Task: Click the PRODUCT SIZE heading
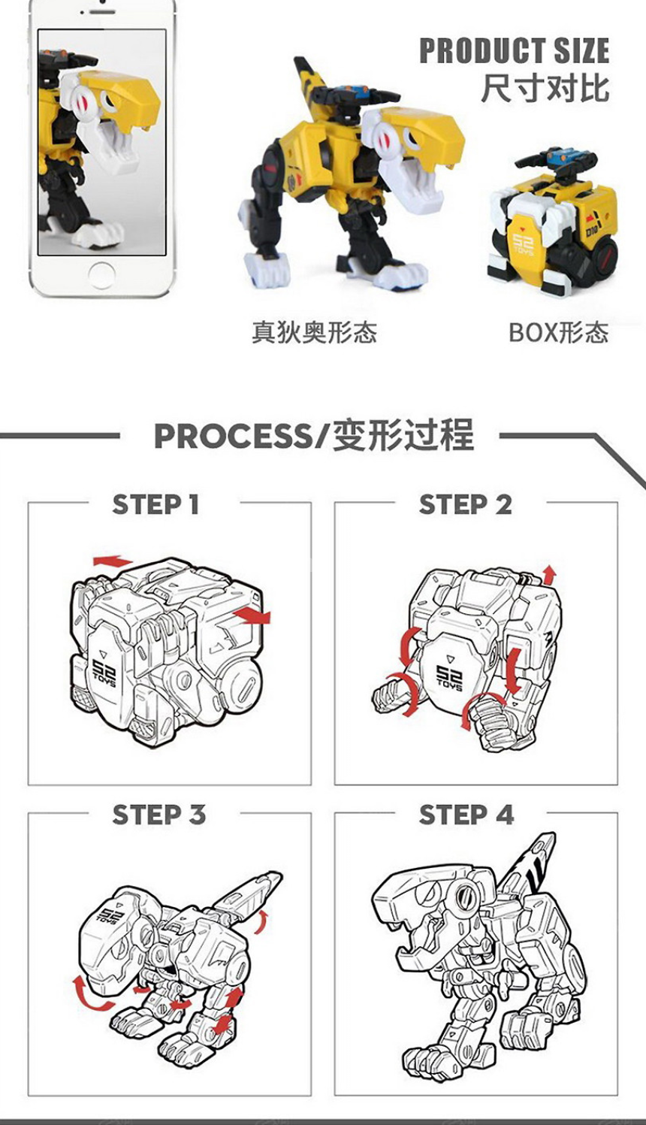click(514, 51)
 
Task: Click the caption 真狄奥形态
click(314, 331)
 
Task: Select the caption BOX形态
click(557, 331)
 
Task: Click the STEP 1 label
click(156, 504)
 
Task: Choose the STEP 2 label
click(466, 504)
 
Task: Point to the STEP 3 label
click(158, 815)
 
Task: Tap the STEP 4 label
click(466, 815)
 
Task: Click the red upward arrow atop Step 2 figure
click(549, 575)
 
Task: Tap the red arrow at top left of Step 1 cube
click(112, 561)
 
